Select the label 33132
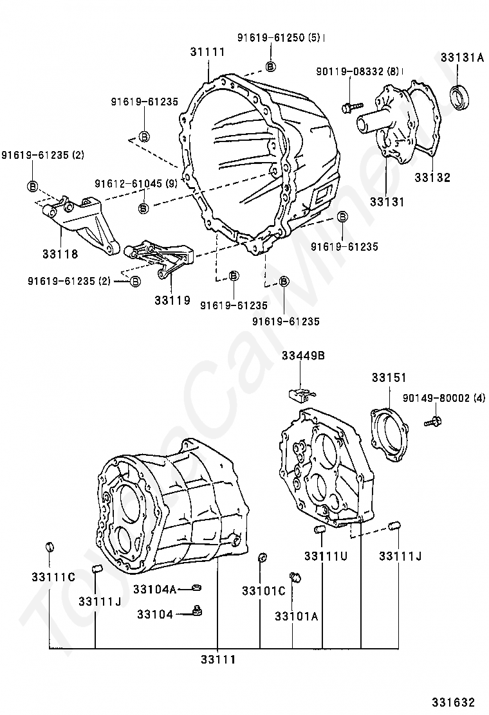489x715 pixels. [432, 177]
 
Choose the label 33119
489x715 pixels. [172, 300]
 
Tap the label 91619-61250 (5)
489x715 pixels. [279, 38]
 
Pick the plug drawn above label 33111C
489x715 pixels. [49, 547]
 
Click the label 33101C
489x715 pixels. [263, 591]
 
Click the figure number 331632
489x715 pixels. [454, 702]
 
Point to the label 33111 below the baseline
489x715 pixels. [218, 660]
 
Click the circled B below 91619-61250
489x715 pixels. [270, 66]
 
